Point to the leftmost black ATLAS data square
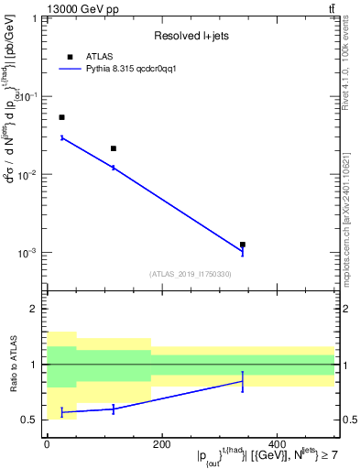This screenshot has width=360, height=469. point(61,117)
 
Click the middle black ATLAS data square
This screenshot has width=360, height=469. point(114,148)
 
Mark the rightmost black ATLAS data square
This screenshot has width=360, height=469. point(243,245)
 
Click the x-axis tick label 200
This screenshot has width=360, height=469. point(161,444)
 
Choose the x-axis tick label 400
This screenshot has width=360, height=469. point(277,444)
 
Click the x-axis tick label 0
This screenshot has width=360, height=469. point(47,444)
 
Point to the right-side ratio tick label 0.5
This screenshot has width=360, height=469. point(349,420)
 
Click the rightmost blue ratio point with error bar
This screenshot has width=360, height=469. point(243,381)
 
